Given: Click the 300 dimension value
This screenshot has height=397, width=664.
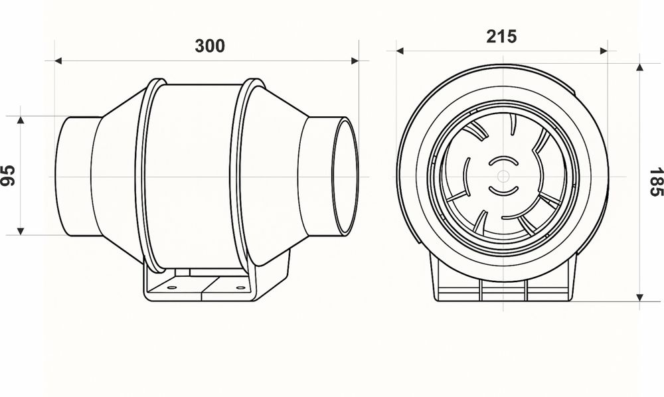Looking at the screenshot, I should click(210, 46).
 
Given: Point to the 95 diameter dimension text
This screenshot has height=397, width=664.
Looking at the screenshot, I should click(9, 175).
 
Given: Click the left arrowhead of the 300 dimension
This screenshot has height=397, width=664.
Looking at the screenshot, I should click(58, 61).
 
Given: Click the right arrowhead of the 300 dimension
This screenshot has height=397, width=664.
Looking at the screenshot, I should click(355, 61).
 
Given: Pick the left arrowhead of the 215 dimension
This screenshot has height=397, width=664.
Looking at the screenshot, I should click(400, 50).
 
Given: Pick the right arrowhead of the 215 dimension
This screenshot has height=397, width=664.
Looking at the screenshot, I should click(604, 50).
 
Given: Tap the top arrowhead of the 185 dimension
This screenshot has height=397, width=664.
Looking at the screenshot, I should click(639, 67).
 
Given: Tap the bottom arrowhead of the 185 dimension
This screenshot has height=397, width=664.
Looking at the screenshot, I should click(639, 297).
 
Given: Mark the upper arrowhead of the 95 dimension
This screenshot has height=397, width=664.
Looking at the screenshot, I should click(21, 120).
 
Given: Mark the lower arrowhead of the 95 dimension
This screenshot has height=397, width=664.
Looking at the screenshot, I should click(21, 231).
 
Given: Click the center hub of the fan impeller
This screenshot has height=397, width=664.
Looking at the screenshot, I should click(503, 177).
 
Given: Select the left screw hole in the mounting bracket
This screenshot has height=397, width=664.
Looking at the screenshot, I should click(171, 287).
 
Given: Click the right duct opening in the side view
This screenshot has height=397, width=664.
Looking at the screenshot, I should click(345, 176).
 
